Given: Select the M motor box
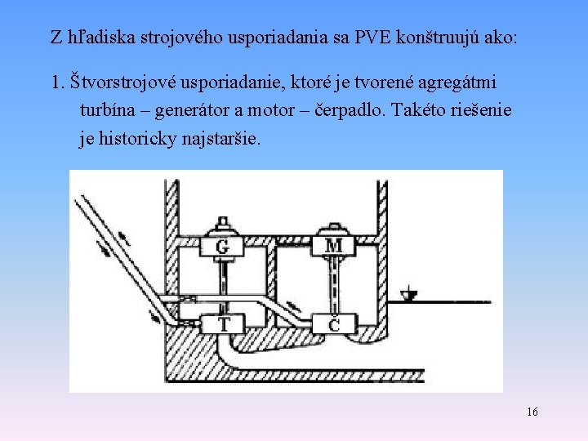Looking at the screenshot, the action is coord(333,245).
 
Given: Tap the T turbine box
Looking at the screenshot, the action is coord(223,324).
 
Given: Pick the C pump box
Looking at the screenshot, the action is coord(333,324).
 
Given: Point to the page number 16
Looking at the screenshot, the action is coord(532,412).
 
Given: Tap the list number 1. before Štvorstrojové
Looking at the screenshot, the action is coord(57,82).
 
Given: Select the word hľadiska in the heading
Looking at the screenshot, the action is coord(95,38).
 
